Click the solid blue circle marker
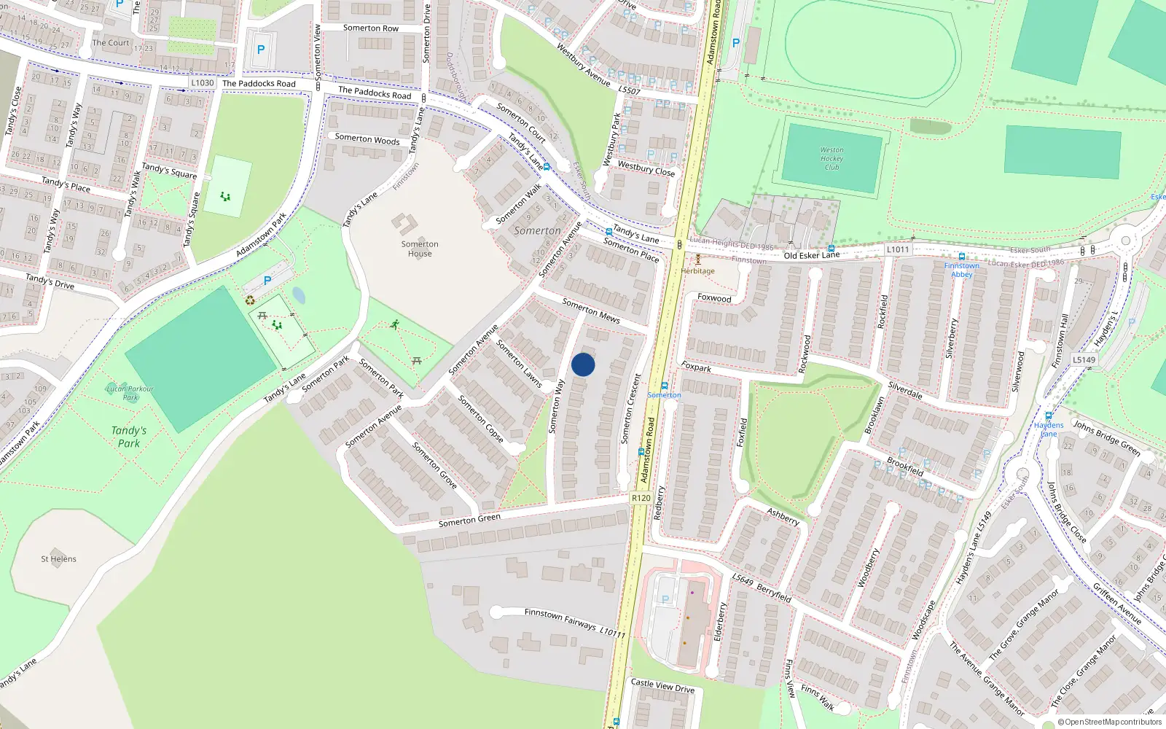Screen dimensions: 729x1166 point(583,364)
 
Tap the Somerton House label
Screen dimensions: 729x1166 point(420,249)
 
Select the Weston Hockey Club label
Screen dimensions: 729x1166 point(832,159)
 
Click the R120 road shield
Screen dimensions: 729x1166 point(641,498)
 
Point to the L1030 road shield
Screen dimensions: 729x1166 point(203,83)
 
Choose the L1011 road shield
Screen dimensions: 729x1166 point(898,249)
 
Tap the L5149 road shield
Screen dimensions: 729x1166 point(1084,359)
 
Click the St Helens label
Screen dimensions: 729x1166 point(58,559)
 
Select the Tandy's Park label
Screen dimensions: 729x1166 point(129,437)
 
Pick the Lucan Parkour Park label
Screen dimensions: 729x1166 point(130,393)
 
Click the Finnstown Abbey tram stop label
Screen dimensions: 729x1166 point(962,270)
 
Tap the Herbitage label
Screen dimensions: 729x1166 point(698,271)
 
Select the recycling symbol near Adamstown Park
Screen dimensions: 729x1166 point(250,300)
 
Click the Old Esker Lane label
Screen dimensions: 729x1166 point(811,255)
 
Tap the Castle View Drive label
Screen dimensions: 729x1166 point(662,685)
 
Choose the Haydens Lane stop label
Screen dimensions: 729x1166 point(1049,429)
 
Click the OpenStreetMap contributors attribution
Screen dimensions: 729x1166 point(1110,722)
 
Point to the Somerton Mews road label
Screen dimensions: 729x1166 point(591,311)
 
